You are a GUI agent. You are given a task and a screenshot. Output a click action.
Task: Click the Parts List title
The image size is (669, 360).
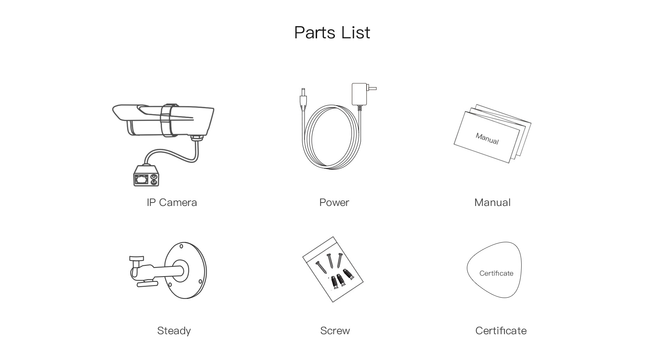(x=332, y=33)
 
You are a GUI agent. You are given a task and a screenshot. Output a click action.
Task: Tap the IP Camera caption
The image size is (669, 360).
(x=172, y=202)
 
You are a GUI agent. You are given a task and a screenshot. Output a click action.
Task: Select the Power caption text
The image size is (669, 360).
(x=334, y=202)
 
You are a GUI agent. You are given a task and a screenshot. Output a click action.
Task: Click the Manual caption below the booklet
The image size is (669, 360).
(x=492, y=202)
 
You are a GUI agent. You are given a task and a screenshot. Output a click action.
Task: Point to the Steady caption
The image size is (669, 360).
(x=174, y=331)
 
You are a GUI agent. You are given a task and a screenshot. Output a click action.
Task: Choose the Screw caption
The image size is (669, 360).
(x=335, y=331)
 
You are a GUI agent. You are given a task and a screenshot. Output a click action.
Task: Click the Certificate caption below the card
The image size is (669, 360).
(x=501, y=331)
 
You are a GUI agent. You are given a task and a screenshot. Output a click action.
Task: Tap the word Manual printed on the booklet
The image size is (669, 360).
(x=487, y=139)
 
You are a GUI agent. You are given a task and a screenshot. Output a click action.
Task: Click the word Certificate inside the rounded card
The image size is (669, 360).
(x=496, y=274)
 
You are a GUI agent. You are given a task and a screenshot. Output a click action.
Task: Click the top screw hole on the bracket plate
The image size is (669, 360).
(x=181, y=246)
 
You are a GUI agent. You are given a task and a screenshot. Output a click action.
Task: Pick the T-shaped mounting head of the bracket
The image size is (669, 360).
(x=136, y=259)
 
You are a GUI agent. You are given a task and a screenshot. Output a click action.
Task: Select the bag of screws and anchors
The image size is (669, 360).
(x=333, y=269)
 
